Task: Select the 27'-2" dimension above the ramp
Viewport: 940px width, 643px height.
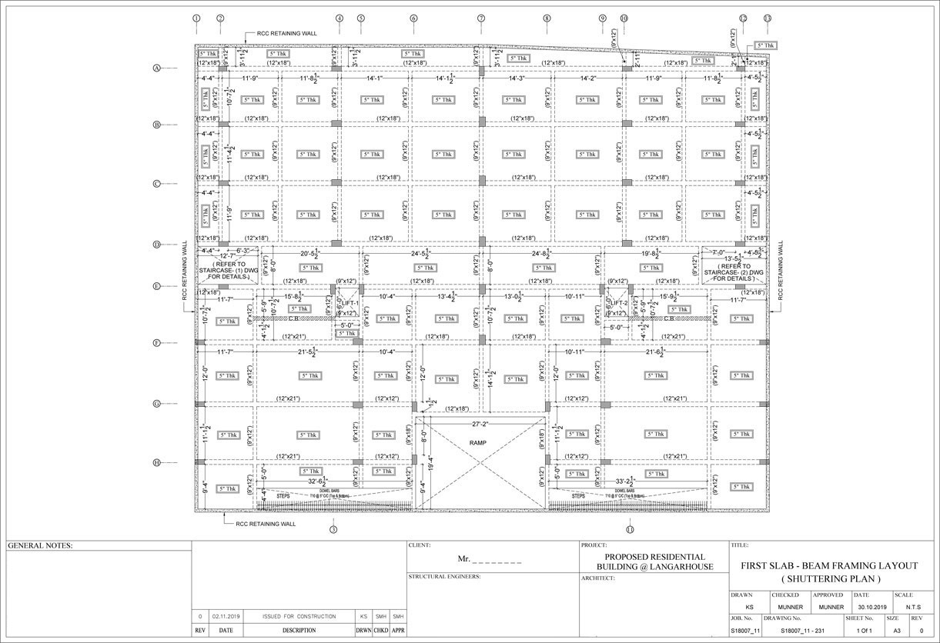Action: (x=481, y=424)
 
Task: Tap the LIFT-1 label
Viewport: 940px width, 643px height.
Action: (x=348, y=304)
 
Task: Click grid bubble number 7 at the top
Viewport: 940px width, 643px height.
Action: (x=481, y=18)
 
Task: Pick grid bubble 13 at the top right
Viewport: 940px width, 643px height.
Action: (x=767, y=18)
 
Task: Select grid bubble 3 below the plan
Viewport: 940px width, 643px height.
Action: (x=333, y=529)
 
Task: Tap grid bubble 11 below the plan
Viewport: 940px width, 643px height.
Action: (x=630, y=529)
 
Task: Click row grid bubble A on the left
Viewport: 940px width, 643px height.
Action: (x=156, y=68)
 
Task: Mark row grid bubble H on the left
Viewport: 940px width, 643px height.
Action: (x=156, y=462)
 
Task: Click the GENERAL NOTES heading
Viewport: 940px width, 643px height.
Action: (x=39, y=545)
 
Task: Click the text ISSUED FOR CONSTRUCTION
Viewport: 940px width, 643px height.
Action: (x=299, y=617)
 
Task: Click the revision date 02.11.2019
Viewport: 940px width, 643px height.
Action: (x=226, y=617)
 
